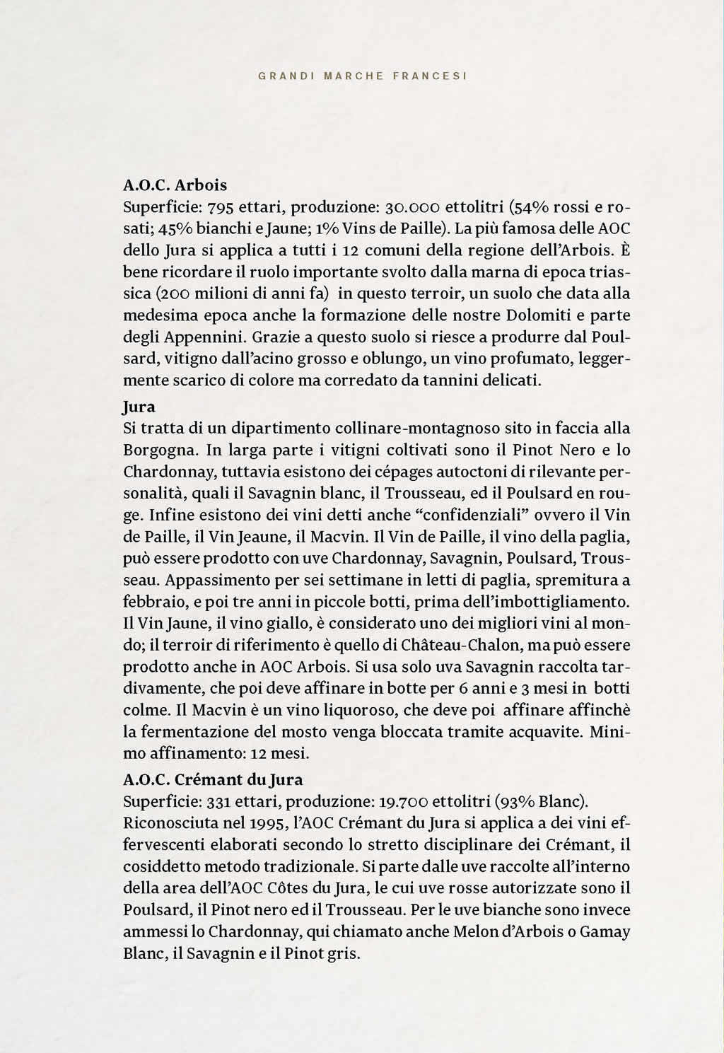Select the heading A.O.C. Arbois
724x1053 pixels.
click(175, 185)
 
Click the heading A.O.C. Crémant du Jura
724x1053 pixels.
click(213, 780)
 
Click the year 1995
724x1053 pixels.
click(267, 823)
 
